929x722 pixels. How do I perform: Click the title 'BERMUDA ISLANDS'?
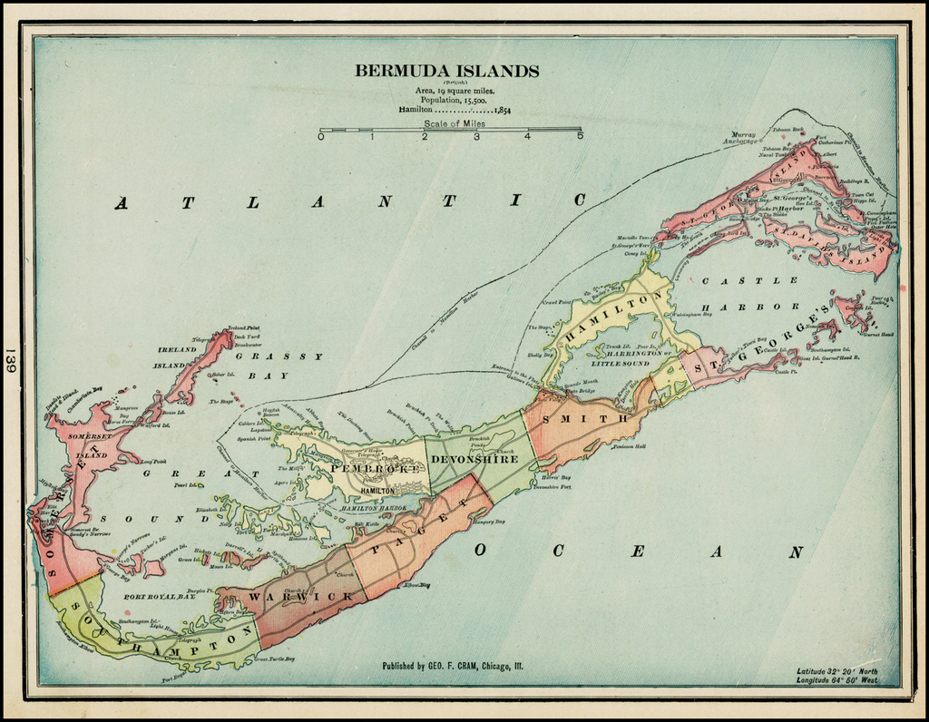(x=446, y=71)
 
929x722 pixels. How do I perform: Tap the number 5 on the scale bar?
(x=580, y=137)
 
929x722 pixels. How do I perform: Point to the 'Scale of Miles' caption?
(x=454, y=123)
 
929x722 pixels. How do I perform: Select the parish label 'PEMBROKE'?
(x=375, y=469)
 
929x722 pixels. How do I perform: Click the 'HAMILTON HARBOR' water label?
(x=375, y=510)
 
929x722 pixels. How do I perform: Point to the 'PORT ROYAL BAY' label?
(x=160, y=598)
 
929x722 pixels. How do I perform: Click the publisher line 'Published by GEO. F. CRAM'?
(x=452, y=667)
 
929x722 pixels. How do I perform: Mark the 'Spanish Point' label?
(x=254, y=439)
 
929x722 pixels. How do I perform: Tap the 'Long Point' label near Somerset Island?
(x=155, y=461)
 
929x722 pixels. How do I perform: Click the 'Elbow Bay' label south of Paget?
(x=416, y=585)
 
